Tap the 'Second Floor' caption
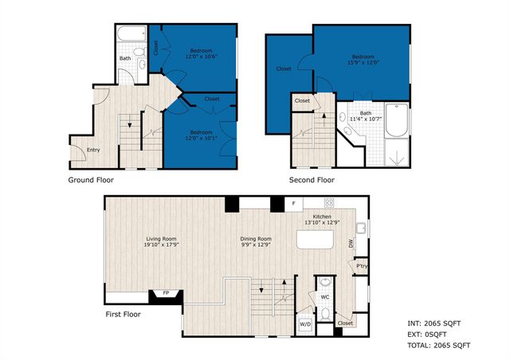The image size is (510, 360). (x=313, y=181)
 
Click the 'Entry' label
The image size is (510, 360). (x=93, y=150)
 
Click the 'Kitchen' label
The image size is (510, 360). (x=321, y=217)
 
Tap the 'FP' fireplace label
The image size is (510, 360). (x=166, y=293)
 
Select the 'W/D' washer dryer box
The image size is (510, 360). (x=305, y=325)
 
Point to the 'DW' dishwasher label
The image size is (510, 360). (x=351, y=244)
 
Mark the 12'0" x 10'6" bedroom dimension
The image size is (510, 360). (x=200, y=57)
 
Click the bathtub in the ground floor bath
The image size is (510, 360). (x=128, y=36)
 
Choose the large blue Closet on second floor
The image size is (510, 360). (x=284, y=68)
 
